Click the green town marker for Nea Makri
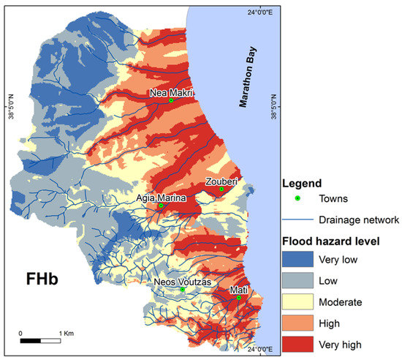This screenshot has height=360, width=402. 171,100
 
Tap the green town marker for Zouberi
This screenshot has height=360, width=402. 221,190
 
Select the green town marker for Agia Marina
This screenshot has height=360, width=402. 162,206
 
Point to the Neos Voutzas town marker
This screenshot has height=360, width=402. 183,289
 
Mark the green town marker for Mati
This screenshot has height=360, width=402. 238,298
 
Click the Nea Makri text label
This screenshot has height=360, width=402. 170,93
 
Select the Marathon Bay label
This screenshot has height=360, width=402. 247,81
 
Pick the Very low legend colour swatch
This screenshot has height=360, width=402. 295,259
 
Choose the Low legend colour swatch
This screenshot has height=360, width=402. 295,280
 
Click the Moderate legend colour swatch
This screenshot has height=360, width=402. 295,301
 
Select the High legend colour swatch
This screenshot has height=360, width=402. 295,323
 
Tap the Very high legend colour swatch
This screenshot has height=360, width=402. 295,344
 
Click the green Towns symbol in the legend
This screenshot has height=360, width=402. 296,198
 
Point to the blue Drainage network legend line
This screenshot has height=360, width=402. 296,219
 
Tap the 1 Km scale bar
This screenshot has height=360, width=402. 40,340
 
